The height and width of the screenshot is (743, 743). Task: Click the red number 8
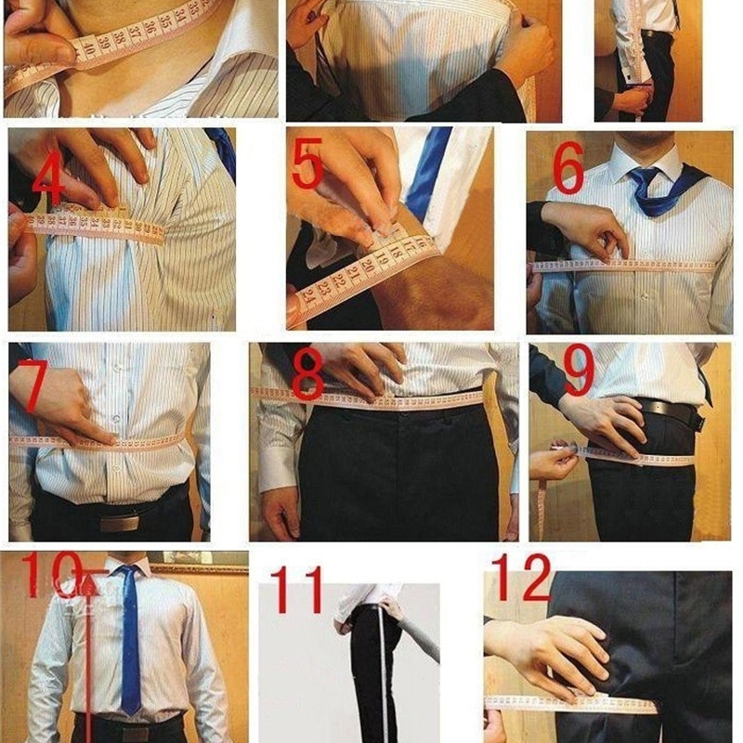click(x=307, y=375)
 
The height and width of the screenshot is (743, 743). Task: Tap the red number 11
click(x=297, y=591)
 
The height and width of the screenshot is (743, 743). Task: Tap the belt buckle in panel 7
click(x=119, y=523)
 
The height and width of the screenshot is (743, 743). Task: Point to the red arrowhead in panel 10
click(x=88, y=585)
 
